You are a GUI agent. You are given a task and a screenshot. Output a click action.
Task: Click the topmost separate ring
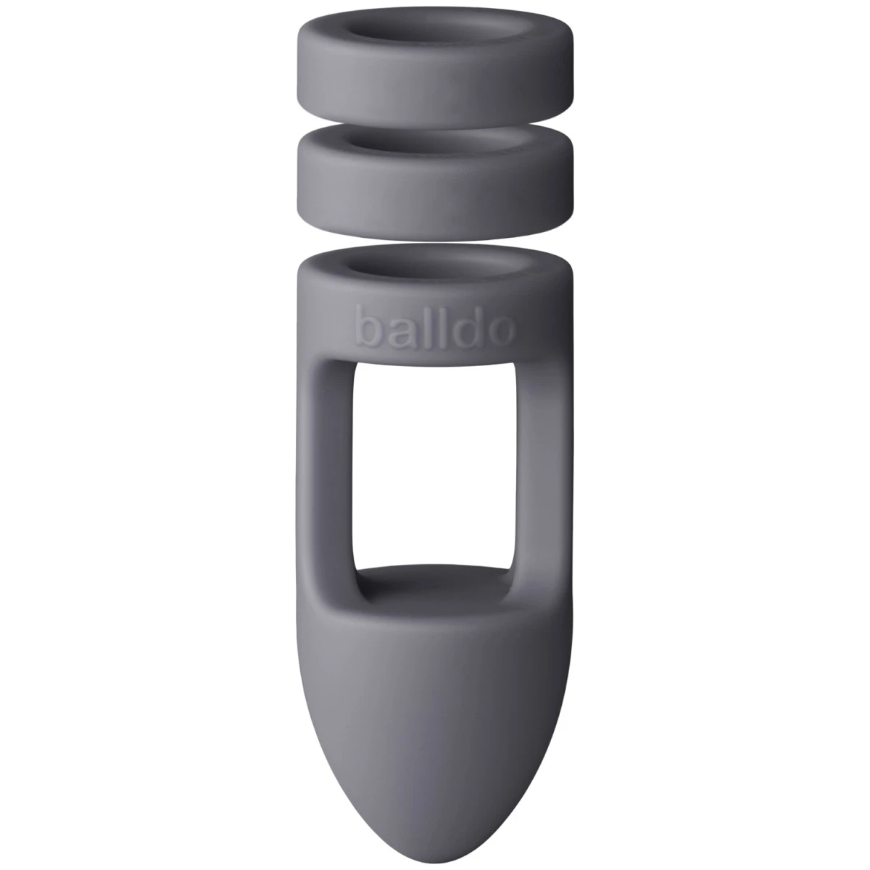click(435, 80)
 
